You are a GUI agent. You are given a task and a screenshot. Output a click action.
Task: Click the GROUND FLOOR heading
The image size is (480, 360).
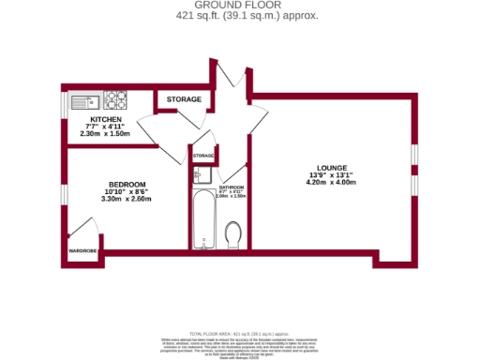click(239, 6)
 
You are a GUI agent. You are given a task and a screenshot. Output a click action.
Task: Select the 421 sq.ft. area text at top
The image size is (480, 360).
click(239, 16)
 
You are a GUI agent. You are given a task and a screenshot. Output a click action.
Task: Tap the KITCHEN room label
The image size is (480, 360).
click(105, 120)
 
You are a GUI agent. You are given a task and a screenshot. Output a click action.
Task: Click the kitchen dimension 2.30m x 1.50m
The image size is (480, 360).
click(105, 135)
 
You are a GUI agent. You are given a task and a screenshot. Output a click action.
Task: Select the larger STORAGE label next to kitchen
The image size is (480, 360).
click(184, 99)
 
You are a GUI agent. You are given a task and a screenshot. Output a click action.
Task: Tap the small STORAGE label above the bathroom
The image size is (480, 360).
click(203, 155)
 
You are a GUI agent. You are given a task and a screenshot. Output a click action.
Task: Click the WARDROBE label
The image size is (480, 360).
click(82, 251)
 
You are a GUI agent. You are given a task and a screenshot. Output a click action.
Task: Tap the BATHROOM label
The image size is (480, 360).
click(231, 188)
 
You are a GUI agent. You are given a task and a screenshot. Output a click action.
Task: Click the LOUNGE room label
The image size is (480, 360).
click(333, 168)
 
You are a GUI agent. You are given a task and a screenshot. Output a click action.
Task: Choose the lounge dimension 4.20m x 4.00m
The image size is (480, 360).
click(333, 184)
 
